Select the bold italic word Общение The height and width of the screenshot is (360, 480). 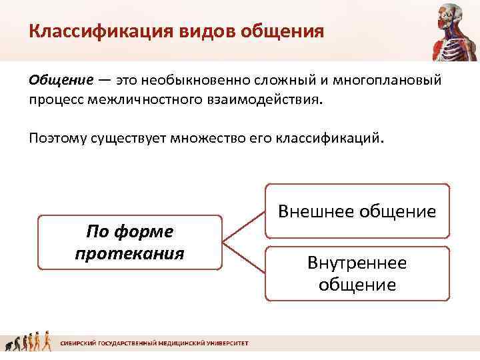(61, 81)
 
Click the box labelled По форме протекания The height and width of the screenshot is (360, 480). (129, 242)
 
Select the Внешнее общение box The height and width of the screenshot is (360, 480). (357, 211)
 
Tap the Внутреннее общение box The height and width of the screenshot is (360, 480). (357, 273)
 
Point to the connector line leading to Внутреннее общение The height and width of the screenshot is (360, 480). (244, 258)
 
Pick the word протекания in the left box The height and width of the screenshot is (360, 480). (129, 254)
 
